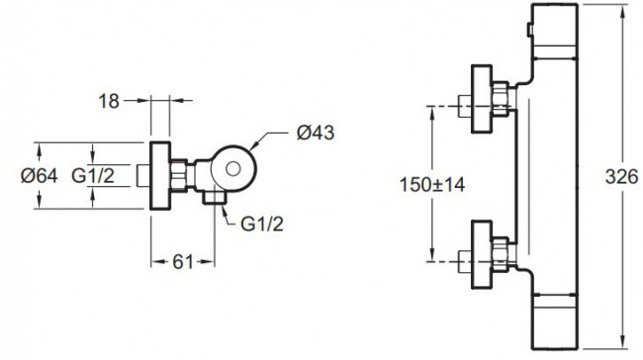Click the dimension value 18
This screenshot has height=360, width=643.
pyautogui.click(x=109, y=101)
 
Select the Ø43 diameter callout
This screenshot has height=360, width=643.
pyautogui.click(x=316, y=133)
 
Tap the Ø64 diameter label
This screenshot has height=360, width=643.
pyautogui.click(x=40, y=176)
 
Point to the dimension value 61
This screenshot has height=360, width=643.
pyautogui.click(x=182, y=262)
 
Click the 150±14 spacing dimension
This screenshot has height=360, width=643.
pyautogui.click(x=432, y=185)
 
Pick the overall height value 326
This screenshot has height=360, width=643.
pyautogui.click(x=621, y=177)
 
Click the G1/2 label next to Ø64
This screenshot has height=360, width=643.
pyautogui.click(x=93, y=176)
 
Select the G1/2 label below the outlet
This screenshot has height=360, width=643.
pyautogui.click(x=261, y=225)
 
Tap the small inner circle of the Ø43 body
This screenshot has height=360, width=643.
pyautogui.click(x=233, y=169)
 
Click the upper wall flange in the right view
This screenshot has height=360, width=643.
pyautogui.click(x=482, y=99)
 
